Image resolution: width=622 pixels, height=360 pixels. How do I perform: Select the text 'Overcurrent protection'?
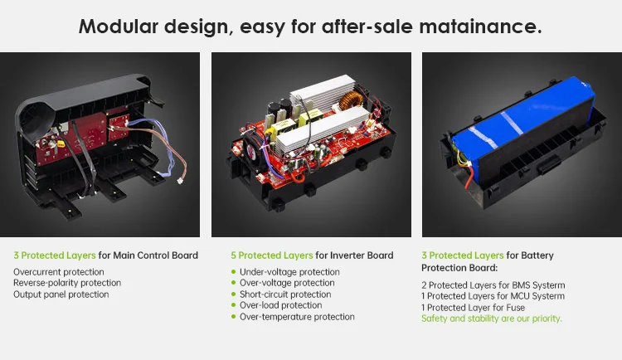(x=59, y=271)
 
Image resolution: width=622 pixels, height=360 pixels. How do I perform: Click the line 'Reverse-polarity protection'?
(x=67, y=283)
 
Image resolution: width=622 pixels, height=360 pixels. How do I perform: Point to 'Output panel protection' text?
(x=61, y=294)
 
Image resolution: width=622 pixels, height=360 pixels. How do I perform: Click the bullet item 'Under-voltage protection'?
(x=289, y=272)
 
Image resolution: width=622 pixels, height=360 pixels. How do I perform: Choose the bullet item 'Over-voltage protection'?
(x=287, y=283)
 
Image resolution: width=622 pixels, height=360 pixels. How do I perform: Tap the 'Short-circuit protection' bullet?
(x=285, y=294)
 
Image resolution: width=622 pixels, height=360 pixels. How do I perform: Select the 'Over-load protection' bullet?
(x=279, y=305)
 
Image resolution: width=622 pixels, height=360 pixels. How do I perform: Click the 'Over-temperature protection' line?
(x=297, y=317)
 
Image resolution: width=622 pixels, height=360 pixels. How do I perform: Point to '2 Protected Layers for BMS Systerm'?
(x=493, y=285)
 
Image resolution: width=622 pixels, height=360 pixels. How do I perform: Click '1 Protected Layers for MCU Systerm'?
(x=493, y=296)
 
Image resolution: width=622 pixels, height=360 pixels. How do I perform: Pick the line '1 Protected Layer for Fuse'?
(x=473, y=308)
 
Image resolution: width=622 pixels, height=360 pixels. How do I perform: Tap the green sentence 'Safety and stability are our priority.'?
(x=492, y=319)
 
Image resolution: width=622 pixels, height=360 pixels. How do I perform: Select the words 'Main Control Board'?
(x=156, y=255)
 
